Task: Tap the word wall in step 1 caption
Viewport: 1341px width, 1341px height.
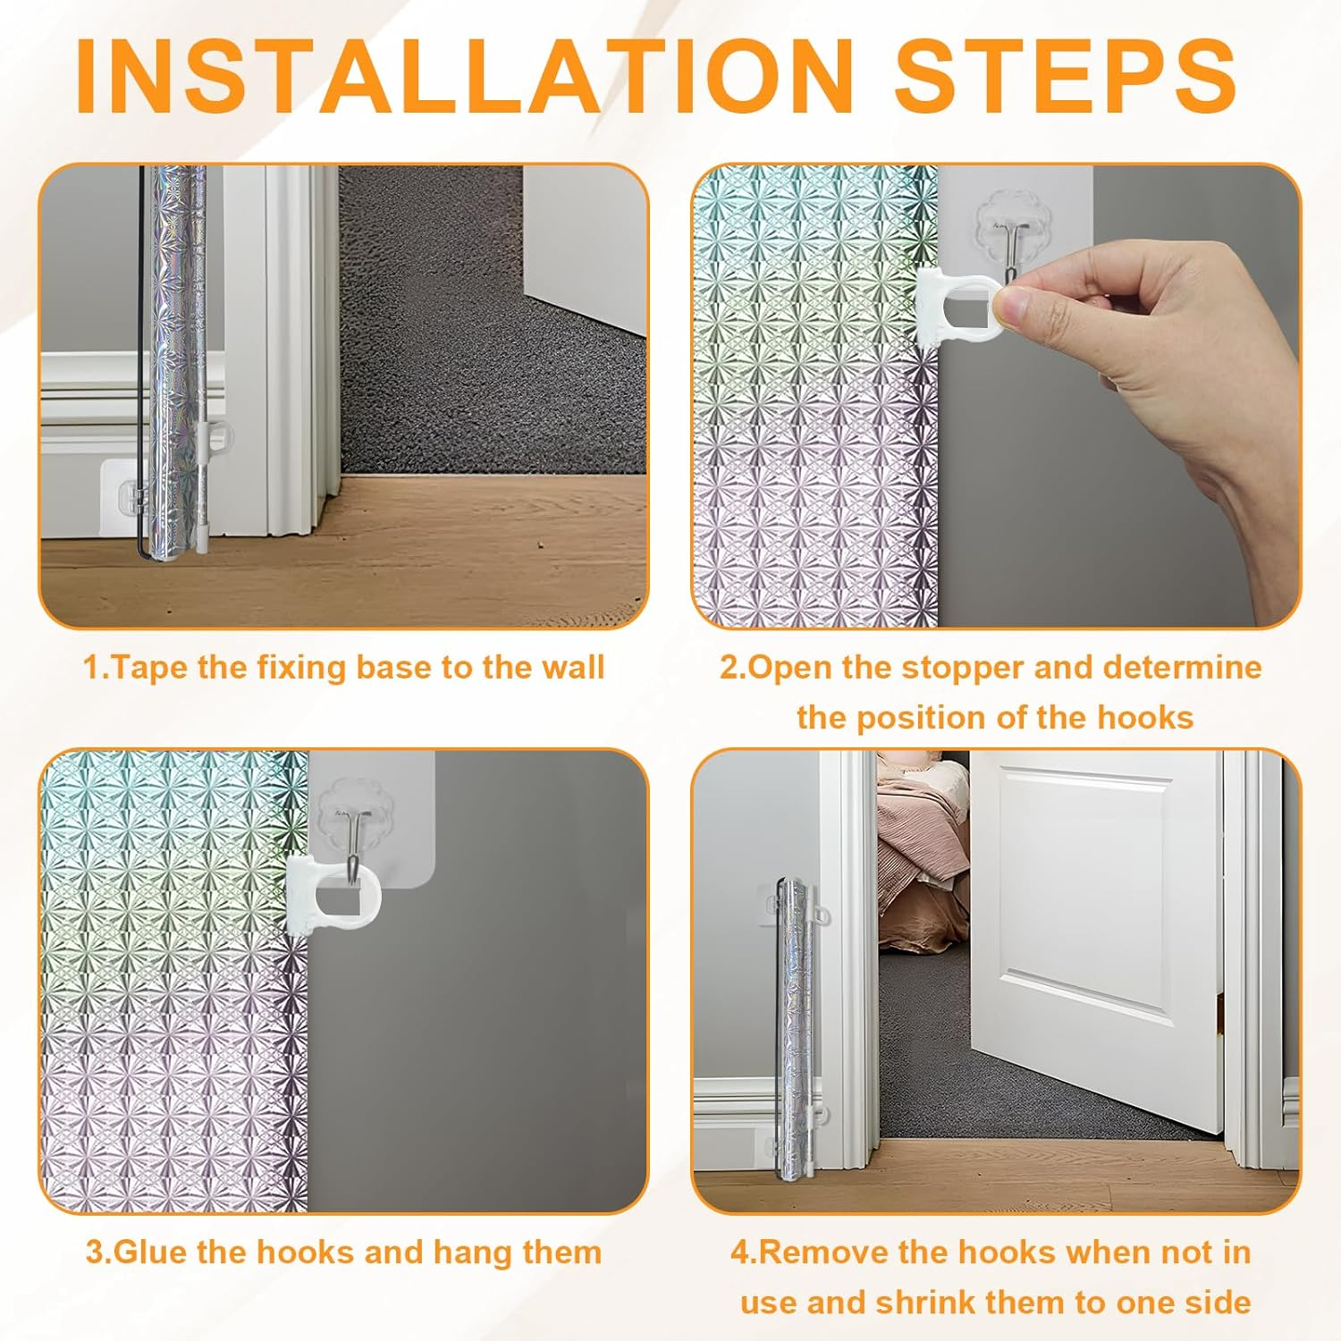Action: pyautogui.click(x=572, y=668)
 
